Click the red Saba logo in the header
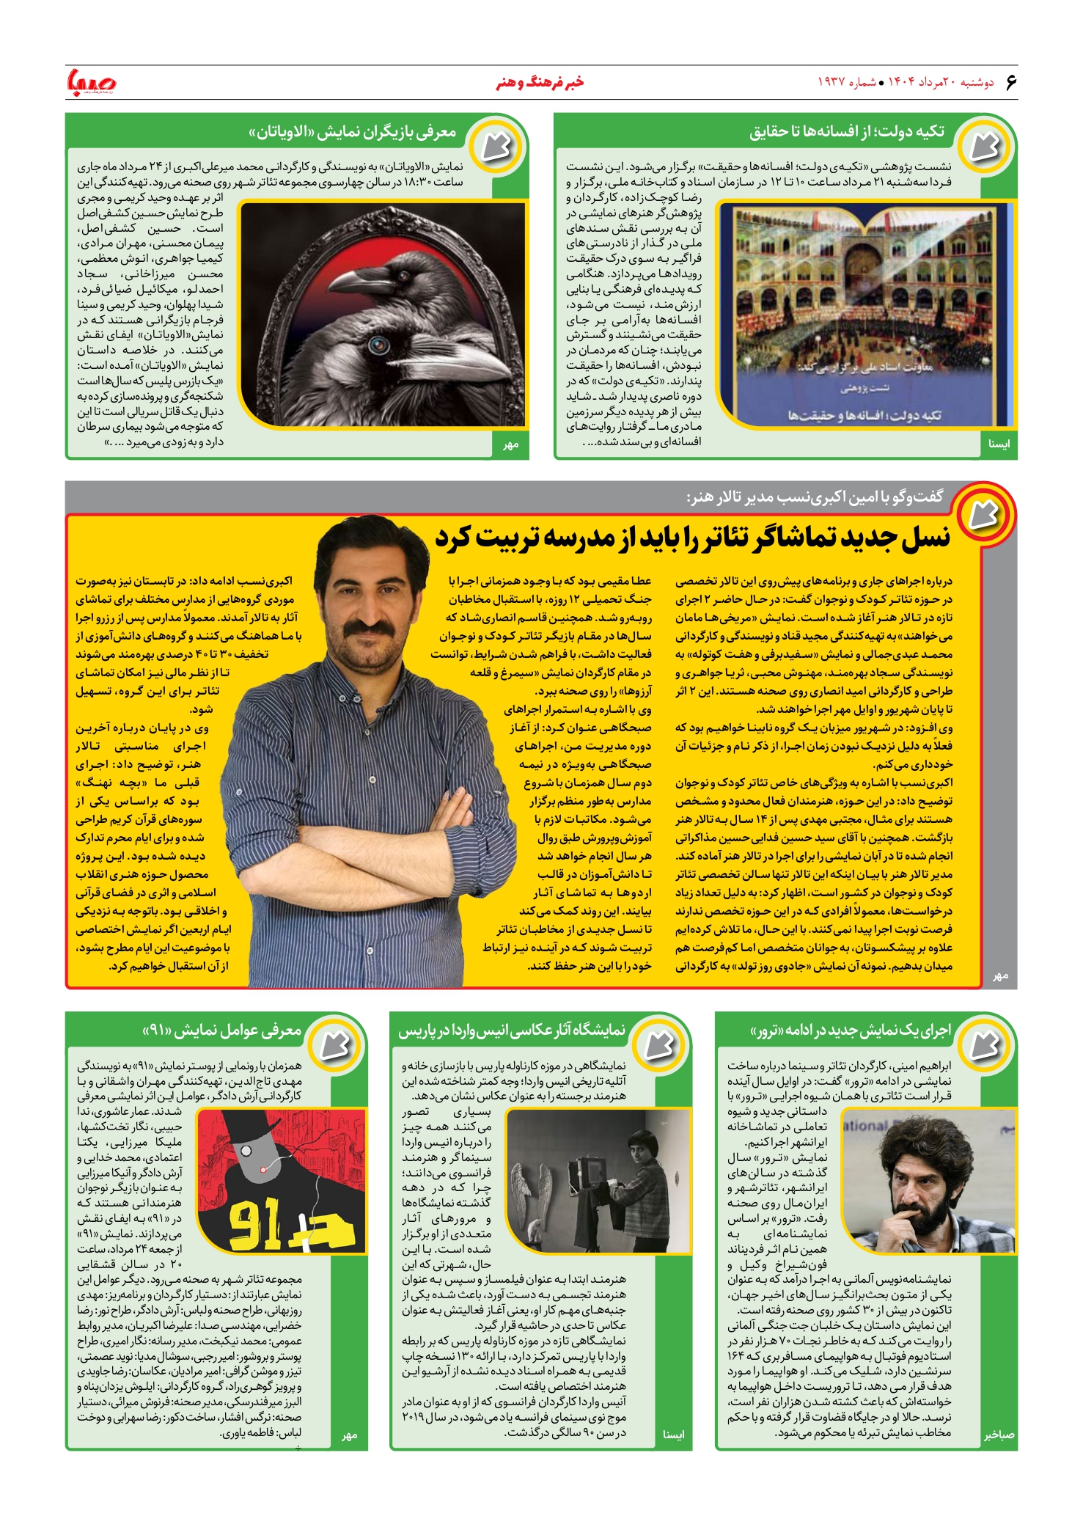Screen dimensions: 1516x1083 [92, 82]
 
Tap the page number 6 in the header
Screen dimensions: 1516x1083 [1010, 82]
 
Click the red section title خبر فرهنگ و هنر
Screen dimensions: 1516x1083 [540, 82]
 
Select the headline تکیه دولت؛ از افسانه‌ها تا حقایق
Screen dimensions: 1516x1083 [847, 132]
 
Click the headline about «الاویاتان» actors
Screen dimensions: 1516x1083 [353, 132]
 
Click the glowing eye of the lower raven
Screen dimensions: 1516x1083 [378, 343]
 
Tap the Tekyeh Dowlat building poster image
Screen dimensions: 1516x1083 [863, 314]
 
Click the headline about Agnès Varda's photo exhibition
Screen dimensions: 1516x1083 [512, 1030]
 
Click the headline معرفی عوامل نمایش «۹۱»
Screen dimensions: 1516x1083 [222, 1030]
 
